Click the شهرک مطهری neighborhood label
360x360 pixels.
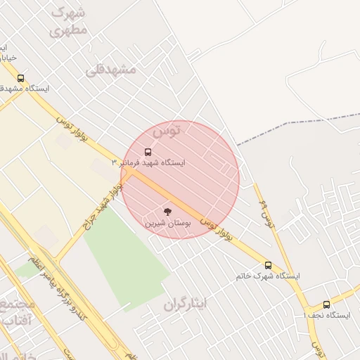coord(69,21)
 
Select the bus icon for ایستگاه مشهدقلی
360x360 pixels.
coord(20,79)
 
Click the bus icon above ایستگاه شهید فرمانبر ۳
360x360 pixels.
coord(148,151)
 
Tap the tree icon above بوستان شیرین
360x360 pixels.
coord(167,211)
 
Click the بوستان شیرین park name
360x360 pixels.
coord(165,223)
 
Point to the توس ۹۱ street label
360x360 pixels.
coord(266,212)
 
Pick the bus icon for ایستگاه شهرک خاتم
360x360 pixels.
coord(268,265)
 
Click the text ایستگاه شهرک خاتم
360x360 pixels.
coord(268,276)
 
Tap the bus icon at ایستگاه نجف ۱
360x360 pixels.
coord(326,304)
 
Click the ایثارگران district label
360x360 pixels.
coord(186,304)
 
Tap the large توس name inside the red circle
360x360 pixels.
coord(166,130)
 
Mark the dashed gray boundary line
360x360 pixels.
coord(295,128)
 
